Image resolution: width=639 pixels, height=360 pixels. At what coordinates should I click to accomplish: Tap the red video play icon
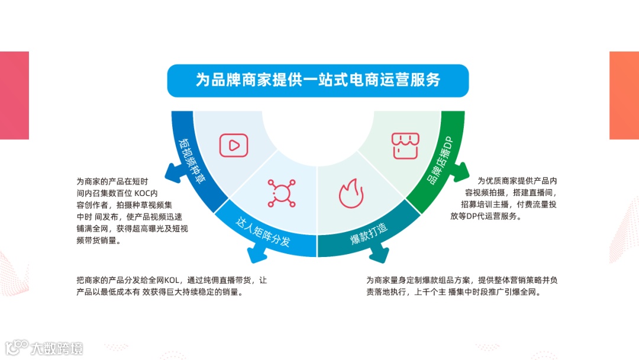point(233,145)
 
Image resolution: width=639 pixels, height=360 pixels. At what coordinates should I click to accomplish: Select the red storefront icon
point(405,145)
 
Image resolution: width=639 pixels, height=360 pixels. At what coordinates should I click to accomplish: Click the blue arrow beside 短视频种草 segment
point(173,172)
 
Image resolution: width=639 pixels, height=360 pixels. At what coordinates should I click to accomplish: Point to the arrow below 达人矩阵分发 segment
point(256,255)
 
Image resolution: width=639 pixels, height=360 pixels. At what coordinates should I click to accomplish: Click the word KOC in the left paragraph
point(142,193)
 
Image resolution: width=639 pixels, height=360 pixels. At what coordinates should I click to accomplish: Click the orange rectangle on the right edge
point(624,95)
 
